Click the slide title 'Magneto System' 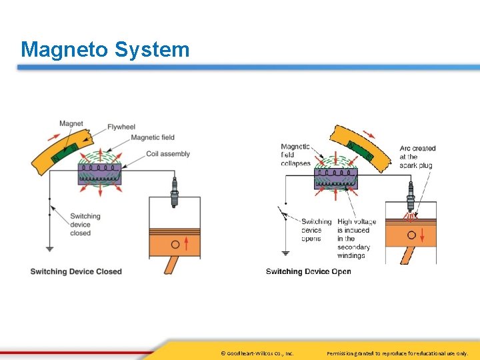[105, 49]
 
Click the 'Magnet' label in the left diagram [71, 123]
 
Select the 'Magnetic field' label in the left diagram [153, 137]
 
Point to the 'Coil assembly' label [168, 154]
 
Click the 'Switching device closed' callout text [85, 225]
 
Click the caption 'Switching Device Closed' [76, 271]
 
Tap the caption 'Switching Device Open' [308, 271]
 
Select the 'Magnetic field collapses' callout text [295, 155]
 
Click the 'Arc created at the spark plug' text [417, 157]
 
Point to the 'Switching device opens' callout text [316, 230]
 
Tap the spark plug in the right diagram [412, 198]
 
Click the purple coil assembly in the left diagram [100, 173]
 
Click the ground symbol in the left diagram [50, 249]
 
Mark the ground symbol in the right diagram [285, 253]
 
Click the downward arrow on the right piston [411, 235]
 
